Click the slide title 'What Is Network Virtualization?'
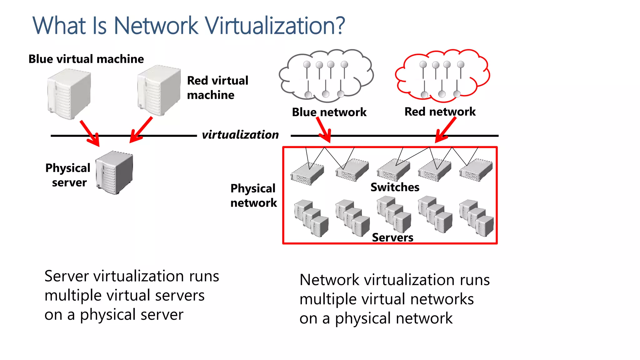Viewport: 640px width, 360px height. pyautogui.click(x=189, y=26)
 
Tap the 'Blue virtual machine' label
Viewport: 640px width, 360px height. pyautogui.click(x=86, y=59)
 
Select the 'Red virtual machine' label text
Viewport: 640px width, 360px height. pyautogui.click(x=217, y=88)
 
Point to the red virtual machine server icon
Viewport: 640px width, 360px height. pyautogui.click(x=159, y=91)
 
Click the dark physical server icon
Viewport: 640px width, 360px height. pyautogui.click(x=115, y=172)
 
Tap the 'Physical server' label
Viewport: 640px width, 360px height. pyautogui.click(x=68, y=175)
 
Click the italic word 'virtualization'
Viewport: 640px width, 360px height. pyautogui.click(x=240, y=135)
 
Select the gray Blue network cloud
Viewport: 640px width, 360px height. pyautogui.click(x=326, y=76)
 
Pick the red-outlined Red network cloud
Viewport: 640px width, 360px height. pyautogui.click(x=442, y=76)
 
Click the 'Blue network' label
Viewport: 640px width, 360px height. pyautogui.click(x=329, y=112)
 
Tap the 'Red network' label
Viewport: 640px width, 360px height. pyautogui.click(x=440, y=112)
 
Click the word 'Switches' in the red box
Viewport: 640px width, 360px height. pyautogui.click(x=395, y=187)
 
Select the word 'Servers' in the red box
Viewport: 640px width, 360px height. pyautogui.click(x=392, y=237)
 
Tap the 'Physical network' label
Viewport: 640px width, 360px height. pyautogui.click(x=253, y=196)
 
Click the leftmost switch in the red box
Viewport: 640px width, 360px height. pyautogui.click(x=307, y=174)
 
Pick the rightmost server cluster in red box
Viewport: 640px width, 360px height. pyautogui.click(x=476, y=218)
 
